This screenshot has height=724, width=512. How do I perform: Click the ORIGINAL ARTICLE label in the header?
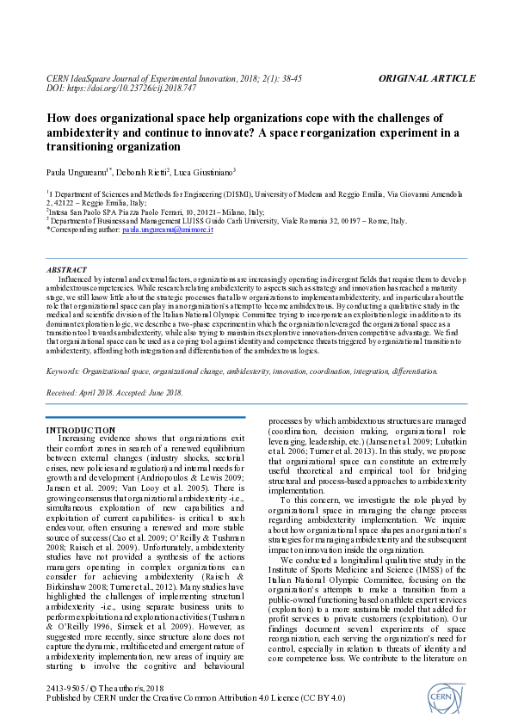(426, 78)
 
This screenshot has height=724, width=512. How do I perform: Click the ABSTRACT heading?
(65, 269)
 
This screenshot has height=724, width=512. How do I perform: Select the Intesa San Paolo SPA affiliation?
(86, 212)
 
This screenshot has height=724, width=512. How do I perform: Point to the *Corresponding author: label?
(83, 230)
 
